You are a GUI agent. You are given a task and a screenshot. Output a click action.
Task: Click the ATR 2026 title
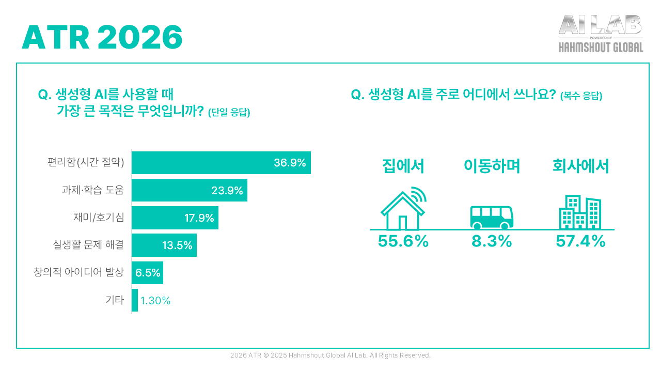[102, 37]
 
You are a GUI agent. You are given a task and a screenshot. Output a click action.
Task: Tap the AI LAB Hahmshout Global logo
[601, 34]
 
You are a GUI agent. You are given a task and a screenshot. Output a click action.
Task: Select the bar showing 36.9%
[221, 163]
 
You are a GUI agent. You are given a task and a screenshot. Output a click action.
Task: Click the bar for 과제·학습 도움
[189, 190]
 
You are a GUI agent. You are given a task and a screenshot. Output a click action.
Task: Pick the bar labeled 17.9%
[175, 218]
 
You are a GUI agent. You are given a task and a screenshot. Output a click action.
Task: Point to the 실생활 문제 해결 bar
[164, 245]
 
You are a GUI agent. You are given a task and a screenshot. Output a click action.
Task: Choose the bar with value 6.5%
[147, 273]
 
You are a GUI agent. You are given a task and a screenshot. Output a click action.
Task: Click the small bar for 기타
[135, 300]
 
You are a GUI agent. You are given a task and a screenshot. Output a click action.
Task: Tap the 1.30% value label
[155, 301]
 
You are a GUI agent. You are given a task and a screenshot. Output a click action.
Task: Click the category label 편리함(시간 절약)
[86, 163]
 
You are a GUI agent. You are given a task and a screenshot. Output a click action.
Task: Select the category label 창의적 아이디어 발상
[78, 273]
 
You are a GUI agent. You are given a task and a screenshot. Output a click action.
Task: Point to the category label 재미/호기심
[99, 218]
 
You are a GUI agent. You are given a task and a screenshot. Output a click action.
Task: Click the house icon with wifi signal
[403, 210]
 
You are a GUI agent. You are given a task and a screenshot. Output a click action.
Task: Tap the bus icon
[492, 217]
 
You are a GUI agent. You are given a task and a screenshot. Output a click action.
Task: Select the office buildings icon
[580, 212]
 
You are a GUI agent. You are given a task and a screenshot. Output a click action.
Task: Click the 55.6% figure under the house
[403, 241]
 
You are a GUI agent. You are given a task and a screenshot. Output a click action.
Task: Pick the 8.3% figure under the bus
[492, 241]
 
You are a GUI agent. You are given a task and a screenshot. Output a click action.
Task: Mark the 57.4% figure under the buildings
[580, 241]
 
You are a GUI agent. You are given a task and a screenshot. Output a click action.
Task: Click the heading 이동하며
[492, 166]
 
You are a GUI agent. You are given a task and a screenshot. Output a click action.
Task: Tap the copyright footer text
[330, 355]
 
